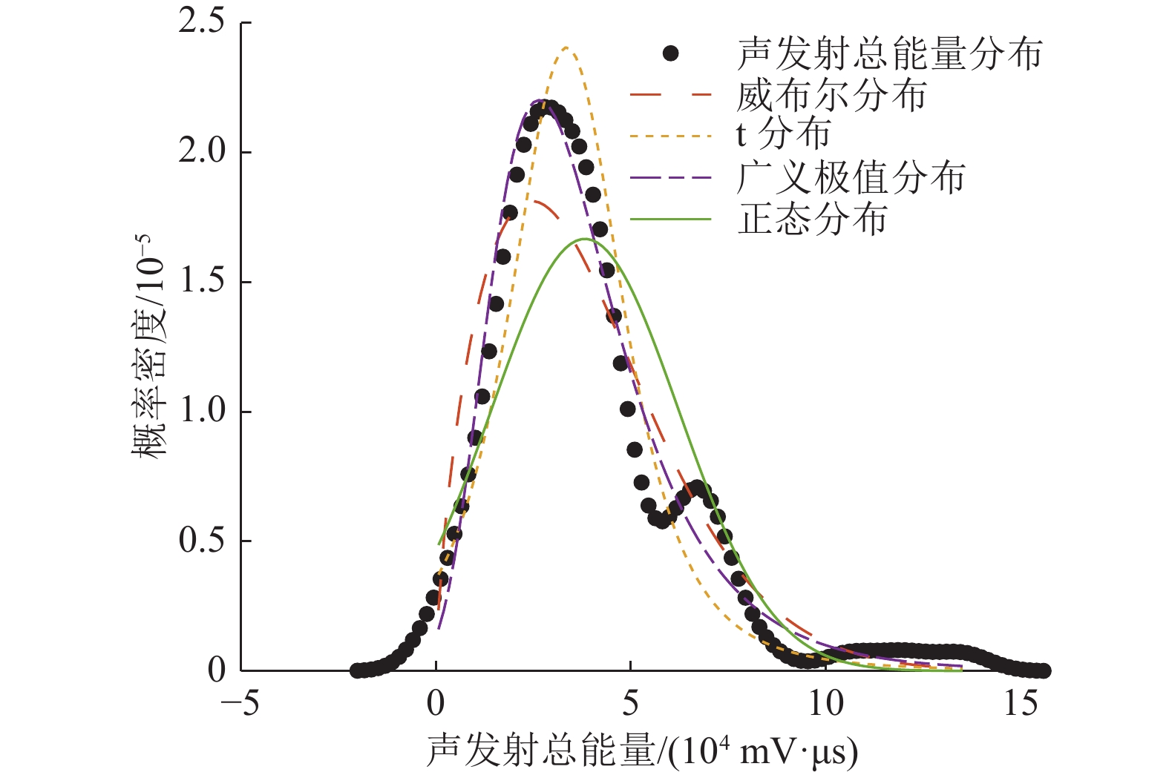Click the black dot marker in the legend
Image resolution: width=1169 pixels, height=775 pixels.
[670, 53]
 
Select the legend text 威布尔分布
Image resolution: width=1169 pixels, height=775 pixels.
[831, 96]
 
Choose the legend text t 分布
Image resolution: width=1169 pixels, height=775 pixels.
[783, 136]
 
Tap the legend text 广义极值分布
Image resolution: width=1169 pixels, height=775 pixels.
[851, 178]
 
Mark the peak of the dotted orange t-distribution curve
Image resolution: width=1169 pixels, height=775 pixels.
[566, 48]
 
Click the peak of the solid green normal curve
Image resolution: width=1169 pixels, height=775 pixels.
[585, 239]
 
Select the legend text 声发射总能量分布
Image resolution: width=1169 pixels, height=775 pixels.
[889, 53]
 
